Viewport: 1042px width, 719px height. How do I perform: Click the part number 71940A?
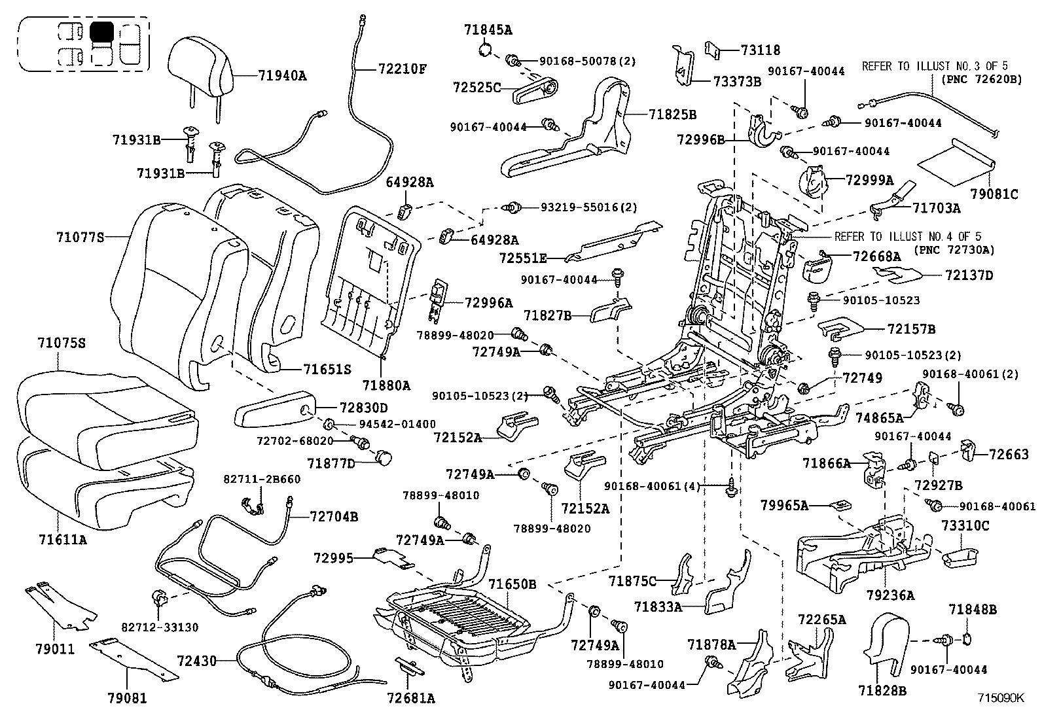pyautogui.click(x=282, y=76)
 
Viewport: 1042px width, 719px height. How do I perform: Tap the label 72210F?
pyautogui.click(x=402, y=68)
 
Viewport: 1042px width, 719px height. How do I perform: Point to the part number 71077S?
pyautogui.click(x=81, y=237)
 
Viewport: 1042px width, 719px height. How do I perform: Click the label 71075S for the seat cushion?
pyautogui.click(x=62, y=343)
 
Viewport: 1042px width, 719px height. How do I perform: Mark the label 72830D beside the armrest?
pyautogui.click(x=364, y=408)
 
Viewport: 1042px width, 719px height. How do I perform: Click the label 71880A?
pyautogui.click(x=386, y=386)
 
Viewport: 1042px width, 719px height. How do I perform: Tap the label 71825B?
pyautogui.click(x=673, y=114)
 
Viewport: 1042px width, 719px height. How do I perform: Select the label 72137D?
pyautogui.click(x=969, y=275)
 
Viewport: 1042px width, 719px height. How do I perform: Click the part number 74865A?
pyautogui.click(x=879, y=417)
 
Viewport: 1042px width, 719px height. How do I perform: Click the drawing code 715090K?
pyautogui.click(x=1001, y=697)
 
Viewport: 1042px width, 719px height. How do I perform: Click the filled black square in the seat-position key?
pyautogui.click(x=101, y=31)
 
